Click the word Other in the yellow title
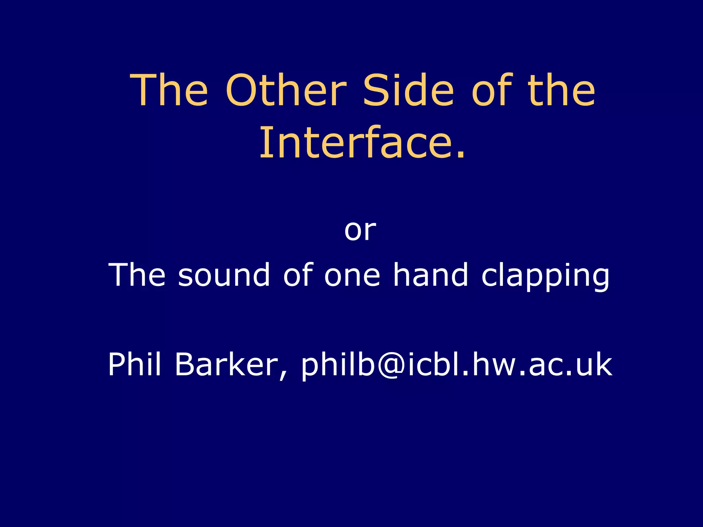click(x=286, y=91)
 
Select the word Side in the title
click(x=408, y=91)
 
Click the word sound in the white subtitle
click(x=223, y=275)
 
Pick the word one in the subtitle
click(x=352, y=276)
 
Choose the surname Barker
click(x=227, y=364)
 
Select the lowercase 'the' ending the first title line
click(x=562, y=91)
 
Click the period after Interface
click(x=461, y=156)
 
